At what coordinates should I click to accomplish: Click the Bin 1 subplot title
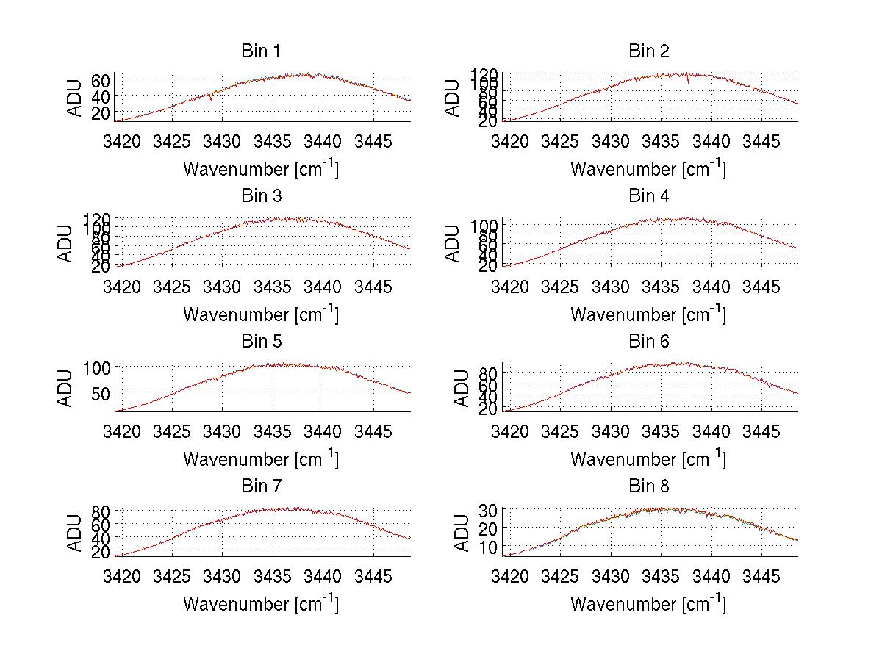(x=261, y=51)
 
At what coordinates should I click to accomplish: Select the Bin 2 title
(x=648, y=51)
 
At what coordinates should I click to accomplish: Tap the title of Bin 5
(x=261, y=342)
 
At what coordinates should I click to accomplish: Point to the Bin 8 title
(x=648, y=486)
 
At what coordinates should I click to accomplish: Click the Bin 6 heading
(x=648, y=342)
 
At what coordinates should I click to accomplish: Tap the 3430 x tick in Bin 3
(x=222, y=286)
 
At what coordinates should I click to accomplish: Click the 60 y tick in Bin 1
(x=101, y=80)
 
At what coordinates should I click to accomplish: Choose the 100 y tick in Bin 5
(x=97, y=367)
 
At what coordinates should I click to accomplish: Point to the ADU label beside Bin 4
(x=453, y=242)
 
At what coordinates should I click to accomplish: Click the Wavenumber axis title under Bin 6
(x=648, y=459)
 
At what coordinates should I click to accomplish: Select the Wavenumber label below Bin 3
(x=261, y=314)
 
